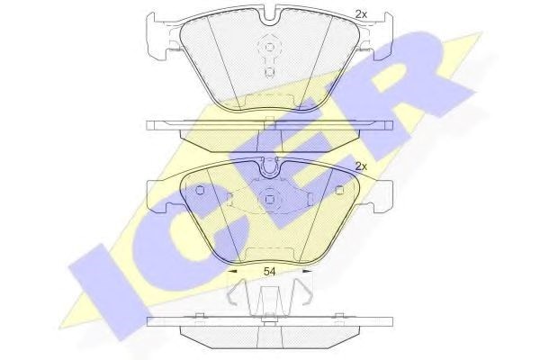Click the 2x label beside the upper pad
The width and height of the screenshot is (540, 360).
tap(361, 14)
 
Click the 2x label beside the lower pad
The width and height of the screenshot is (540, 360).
tap(361, 167)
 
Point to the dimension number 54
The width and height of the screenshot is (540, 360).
tap(270, 272)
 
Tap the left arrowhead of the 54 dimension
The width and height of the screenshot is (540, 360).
tap(233, 272)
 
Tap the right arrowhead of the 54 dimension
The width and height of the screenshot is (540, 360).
tap(307, 272)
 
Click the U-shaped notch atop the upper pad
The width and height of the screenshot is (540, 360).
tap(270, 17)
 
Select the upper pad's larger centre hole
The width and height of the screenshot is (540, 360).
tap(270, 47)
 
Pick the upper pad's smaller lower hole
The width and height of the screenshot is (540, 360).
tap(270, 72)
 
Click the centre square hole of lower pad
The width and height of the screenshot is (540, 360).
tap(270, 200)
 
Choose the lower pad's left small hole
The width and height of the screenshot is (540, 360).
tap(200, 190)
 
